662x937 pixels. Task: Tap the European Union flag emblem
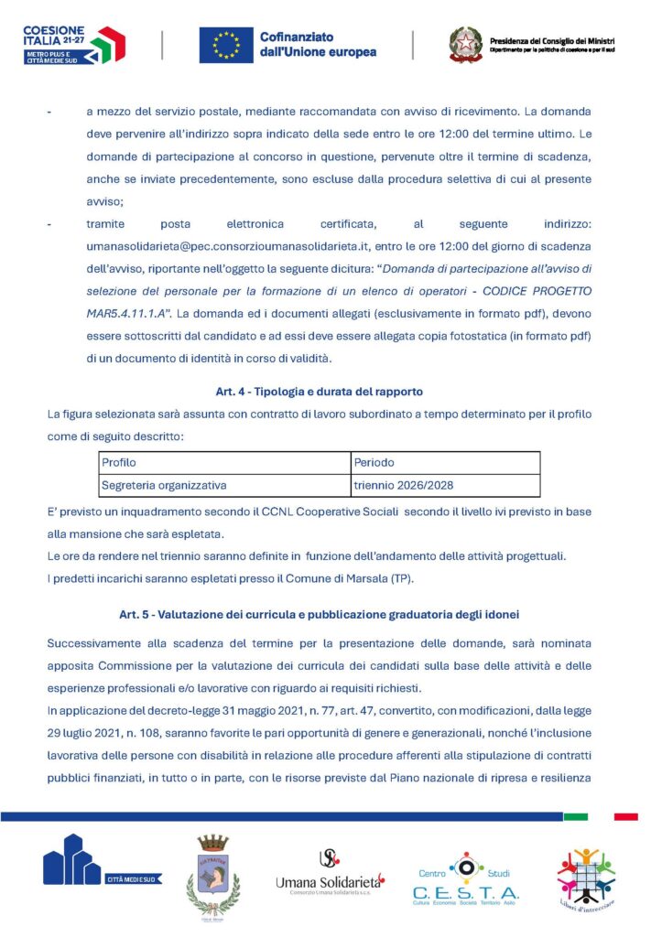tap(226, 45)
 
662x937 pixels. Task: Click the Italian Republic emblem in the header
tap(464, 44)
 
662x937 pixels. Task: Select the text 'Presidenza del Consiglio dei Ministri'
tap(552, 41)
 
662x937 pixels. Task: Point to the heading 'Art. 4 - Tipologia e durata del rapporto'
tap(319, 392)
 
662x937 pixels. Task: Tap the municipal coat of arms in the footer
tap(213, 876)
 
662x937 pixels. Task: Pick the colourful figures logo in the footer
tap(586, 877)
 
